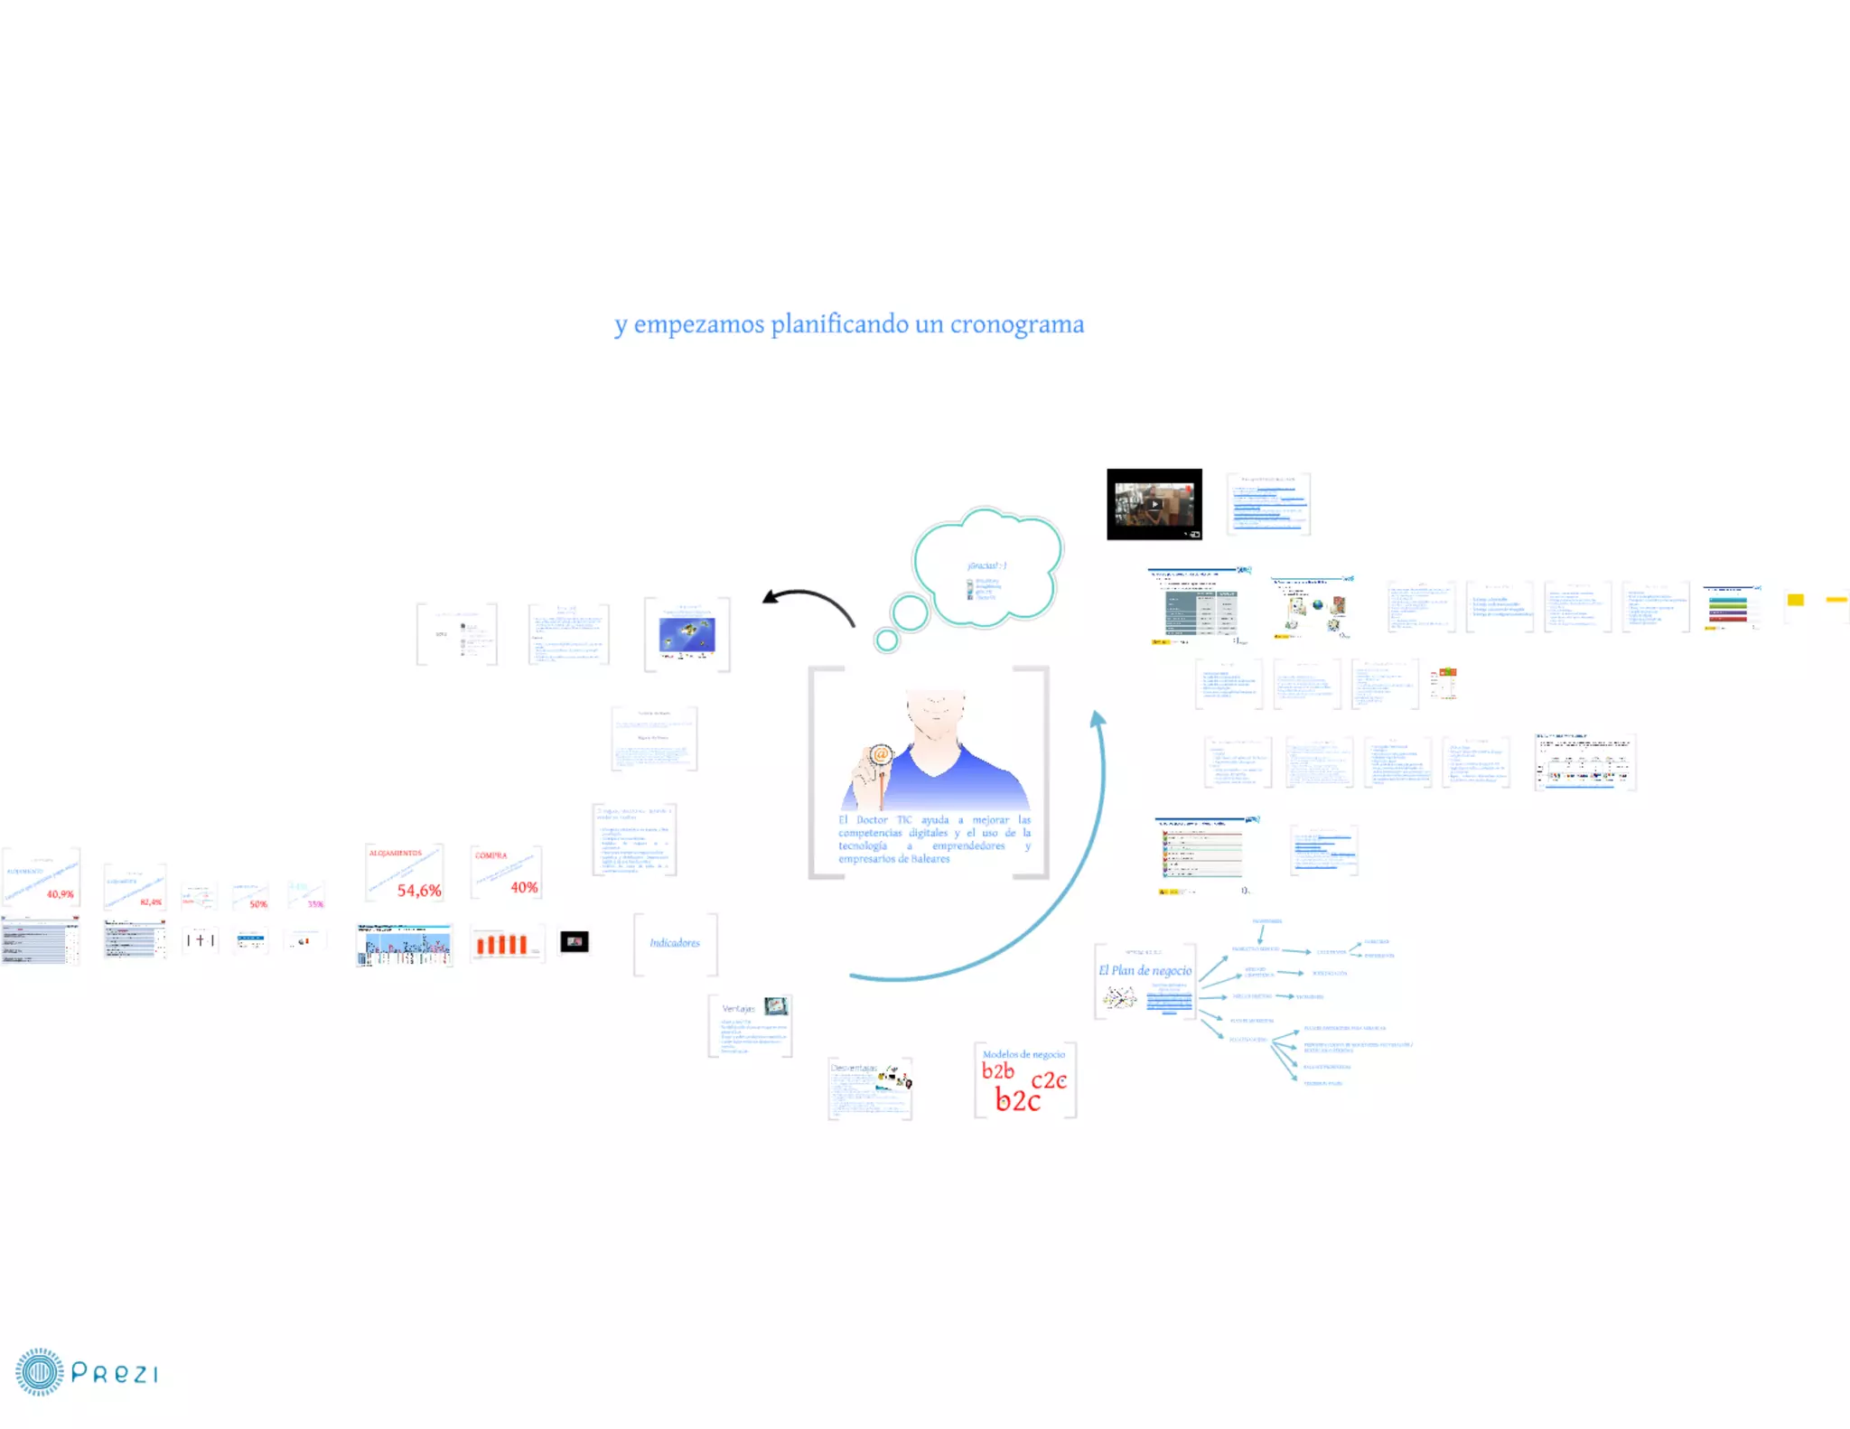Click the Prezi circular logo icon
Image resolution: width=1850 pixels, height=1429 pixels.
[39, 1372]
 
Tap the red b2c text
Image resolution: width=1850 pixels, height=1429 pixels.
[1018, 1100]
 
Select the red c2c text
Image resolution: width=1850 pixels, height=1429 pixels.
[1049, 1079]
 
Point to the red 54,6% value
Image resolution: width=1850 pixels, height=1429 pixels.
[419, 891]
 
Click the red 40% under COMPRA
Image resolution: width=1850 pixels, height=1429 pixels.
[524, 887]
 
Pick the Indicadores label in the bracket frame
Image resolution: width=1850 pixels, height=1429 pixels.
[675, 943]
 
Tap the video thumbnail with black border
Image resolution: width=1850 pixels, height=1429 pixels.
[1154, 504]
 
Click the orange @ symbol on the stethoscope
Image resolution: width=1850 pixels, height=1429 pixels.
[881, 754]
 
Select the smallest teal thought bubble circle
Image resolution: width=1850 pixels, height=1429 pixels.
[887, 640]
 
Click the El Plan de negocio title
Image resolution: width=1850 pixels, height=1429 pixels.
[1145, 970]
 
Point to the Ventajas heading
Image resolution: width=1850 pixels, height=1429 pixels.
[738, 1008]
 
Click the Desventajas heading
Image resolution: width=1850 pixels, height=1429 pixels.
[854, 1068]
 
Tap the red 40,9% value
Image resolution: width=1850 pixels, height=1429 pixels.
[61, 894]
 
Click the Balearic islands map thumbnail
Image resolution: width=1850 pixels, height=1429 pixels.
[687, 634]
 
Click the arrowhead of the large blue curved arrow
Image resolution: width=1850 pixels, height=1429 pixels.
[1098, 719]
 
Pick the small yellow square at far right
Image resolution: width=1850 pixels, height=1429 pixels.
[1795, 600]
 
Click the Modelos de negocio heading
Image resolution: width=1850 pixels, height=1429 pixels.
[1023, 1054]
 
